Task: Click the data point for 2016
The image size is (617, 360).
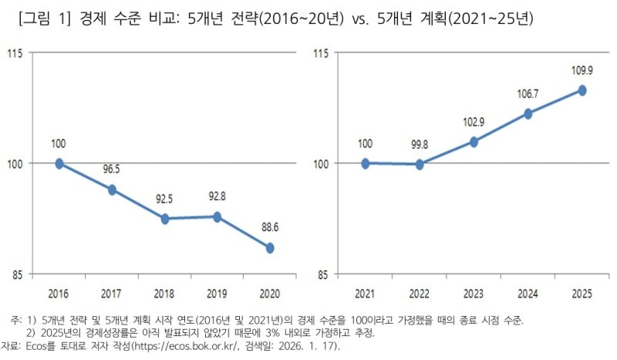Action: point(59,163)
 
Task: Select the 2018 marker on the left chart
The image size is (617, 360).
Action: point(164,219)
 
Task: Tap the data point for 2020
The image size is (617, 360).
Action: point(270,247)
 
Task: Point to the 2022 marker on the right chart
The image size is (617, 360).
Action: point(420,164)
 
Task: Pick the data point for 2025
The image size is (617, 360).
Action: point(582,90)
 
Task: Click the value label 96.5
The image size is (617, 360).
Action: point(112,171)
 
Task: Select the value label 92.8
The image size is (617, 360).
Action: point(218,198)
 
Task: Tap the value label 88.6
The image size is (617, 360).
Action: point(270,229)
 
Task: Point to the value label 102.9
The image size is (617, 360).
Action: point(474,123)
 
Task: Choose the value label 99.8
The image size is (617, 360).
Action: point(420,145)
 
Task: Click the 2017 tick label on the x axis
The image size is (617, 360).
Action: point(112,294)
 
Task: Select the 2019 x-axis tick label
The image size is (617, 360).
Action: point(217,294)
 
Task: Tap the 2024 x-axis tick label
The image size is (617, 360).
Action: point(528,294)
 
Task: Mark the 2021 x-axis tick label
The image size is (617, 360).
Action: point(366,294)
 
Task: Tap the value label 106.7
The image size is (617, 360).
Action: point(528,94)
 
